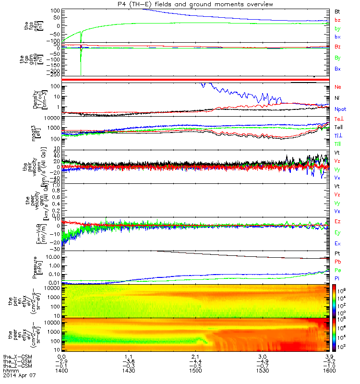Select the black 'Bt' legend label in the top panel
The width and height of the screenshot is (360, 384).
point(338,10)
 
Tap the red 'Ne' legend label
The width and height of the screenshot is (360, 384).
point(338,87)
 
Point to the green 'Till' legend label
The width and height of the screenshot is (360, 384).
point(339,144)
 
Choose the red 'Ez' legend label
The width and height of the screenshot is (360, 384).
point(338,222)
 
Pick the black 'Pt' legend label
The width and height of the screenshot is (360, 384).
point(338,253)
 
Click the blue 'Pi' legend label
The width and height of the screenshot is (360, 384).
point(338,278)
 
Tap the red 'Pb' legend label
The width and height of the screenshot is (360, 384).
point(338,262)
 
